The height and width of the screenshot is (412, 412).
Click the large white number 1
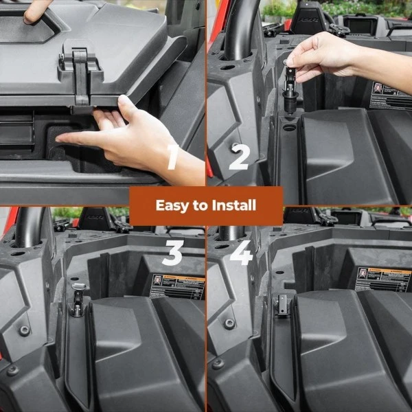pos(173,158)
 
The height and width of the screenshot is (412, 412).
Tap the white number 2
pos(239,157)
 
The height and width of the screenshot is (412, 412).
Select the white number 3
pos(172,253)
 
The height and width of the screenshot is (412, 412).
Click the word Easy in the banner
pos(172,205)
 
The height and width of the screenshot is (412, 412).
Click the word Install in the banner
pos(233,205)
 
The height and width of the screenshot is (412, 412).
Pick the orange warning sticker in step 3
pos(177,286)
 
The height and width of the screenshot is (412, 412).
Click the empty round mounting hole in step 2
pos(288,128)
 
